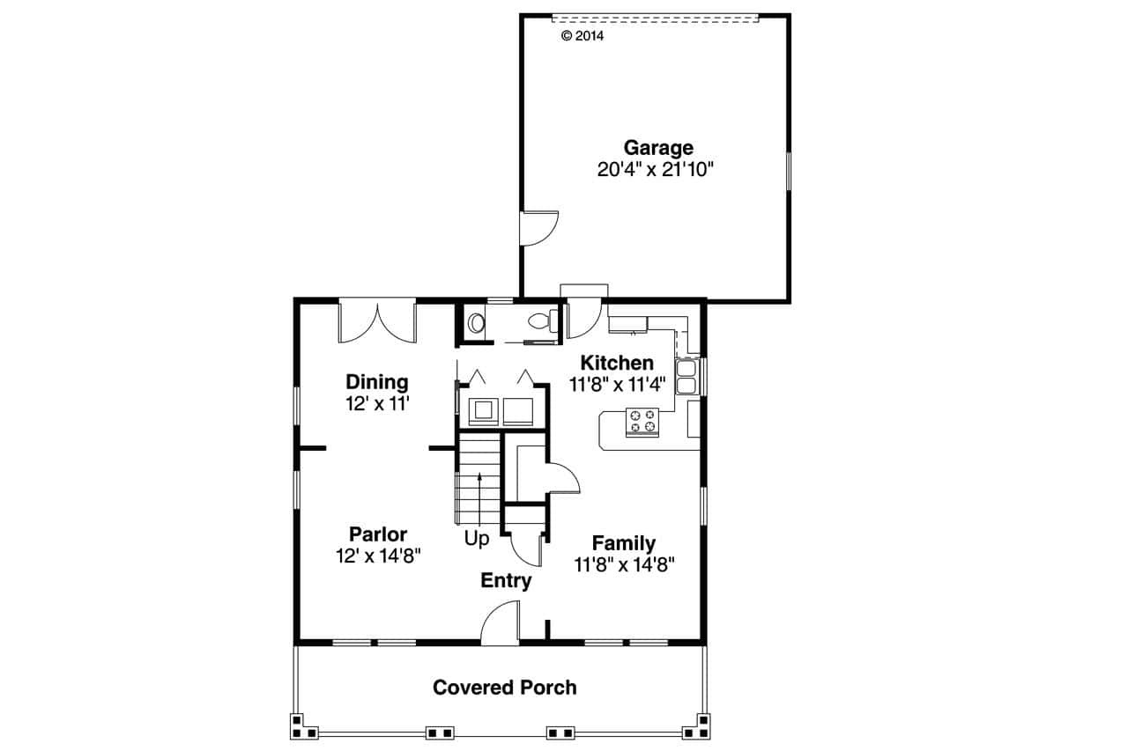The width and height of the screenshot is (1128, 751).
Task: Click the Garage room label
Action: click(658, 148)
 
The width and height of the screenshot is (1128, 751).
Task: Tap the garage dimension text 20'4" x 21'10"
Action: click(654, 170)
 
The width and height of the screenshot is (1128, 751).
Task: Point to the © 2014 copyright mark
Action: click(583, 36)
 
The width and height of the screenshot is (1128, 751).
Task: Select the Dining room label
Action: click(376, 382)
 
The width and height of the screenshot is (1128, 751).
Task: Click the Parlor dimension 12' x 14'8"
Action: click(378, 556)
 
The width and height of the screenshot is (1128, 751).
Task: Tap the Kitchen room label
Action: click(617, 363)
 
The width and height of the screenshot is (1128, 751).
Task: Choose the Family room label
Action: click(623, 543)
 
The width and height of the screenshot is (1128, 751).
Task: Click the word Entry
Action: click(506, 580)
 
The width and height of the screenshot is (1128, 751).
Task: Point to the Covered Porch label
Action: click(504, 687)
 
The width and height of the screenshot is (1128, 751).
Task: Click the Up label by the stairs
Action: click(477, 539)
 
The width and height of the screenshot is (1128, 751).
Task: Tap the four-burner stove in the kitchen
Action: click(642, 421)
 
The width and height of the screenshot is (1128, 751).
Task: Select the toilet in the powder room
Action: click(539, 320)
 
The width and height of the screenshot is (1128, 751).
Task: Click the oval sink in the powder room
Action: click(476, 323)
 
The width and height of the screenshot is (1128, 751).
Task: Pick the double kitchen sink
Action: click(686, 376)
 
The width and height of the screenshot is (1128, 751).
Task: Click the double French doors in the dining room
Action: click(377, 322)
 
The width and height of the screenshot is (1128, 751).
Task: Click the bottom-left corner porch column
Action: click(305, 725)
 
